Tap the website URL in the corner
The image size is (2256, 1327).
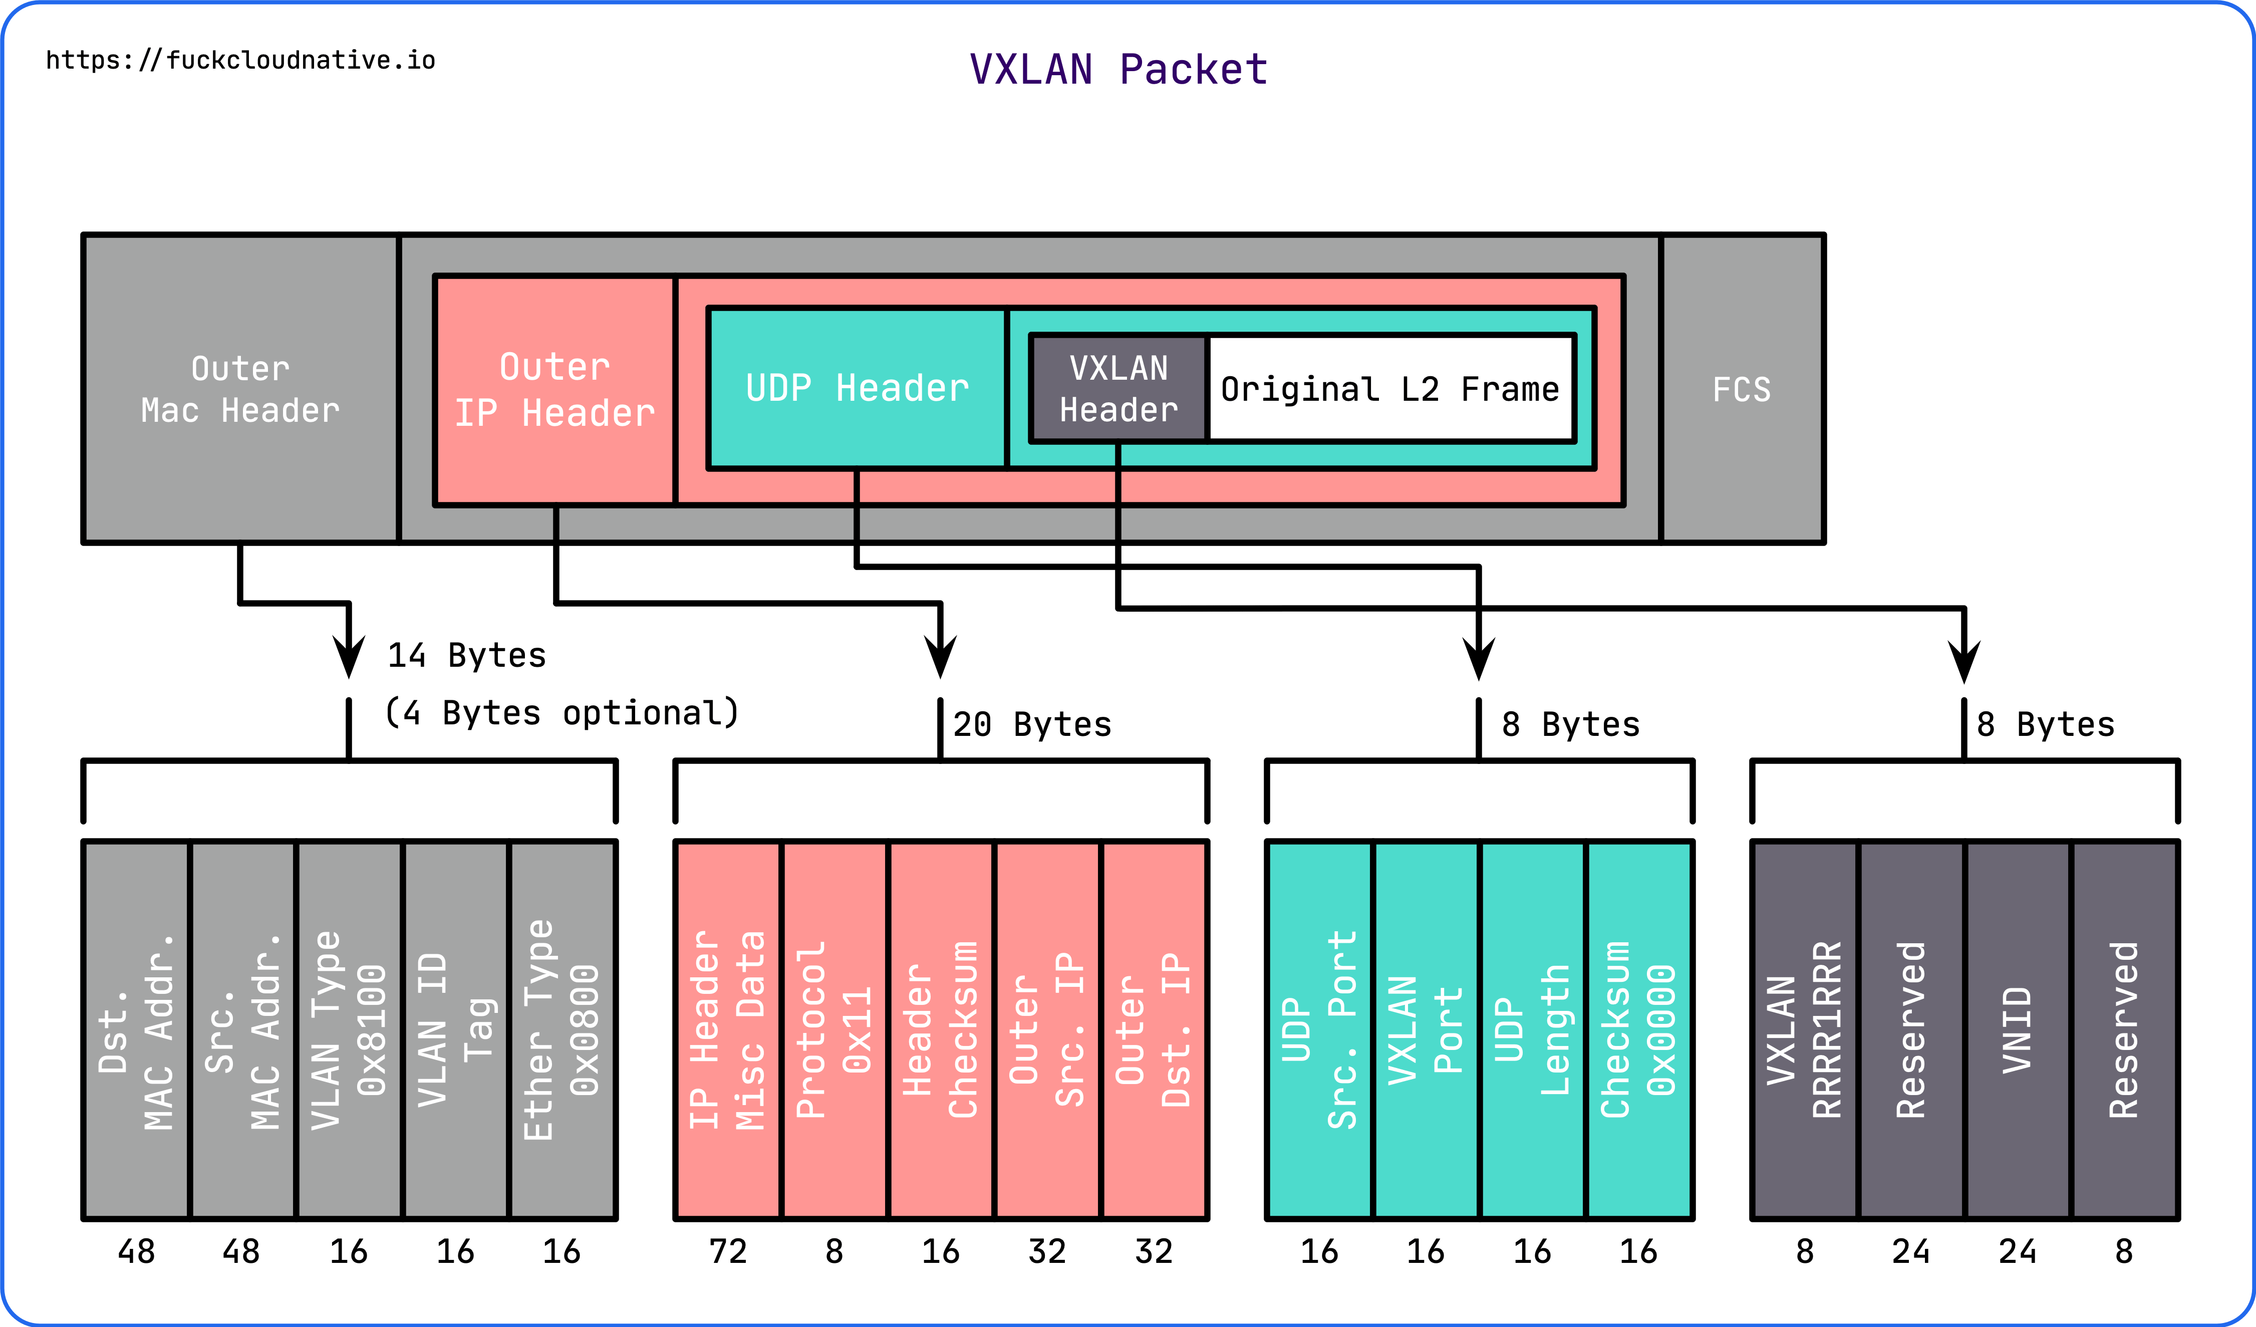(240, 60)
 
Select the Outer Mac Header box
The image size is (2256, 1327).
(240, 390)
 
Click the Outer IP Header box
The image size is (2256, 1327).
(554, 390)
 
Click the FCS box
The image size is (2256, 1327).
(1741, 390)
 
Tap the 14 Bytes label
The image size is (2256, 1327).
(466, 655)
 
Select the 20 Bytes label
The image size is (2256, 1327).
(1031, 723)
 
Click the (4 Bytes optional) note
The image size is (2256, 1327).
(561, 713)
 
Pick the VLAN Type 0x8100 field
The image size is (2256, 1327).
(348, 1030)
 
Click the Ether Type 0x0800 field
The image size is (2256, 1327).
(561, 1030)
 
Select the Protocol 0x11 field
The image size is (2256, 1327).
(833, 1030)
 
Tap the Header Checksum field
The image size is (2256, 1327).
(940, 1030)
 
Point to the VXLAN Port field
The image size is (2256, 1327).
(1425, 1030)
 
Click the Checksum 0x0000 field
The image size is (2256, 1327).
(1638, 1030)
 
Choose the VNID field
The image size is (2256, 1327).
(2017, 1030)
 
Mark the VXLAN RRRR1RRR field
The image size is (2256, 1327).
(1804, 1030)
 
